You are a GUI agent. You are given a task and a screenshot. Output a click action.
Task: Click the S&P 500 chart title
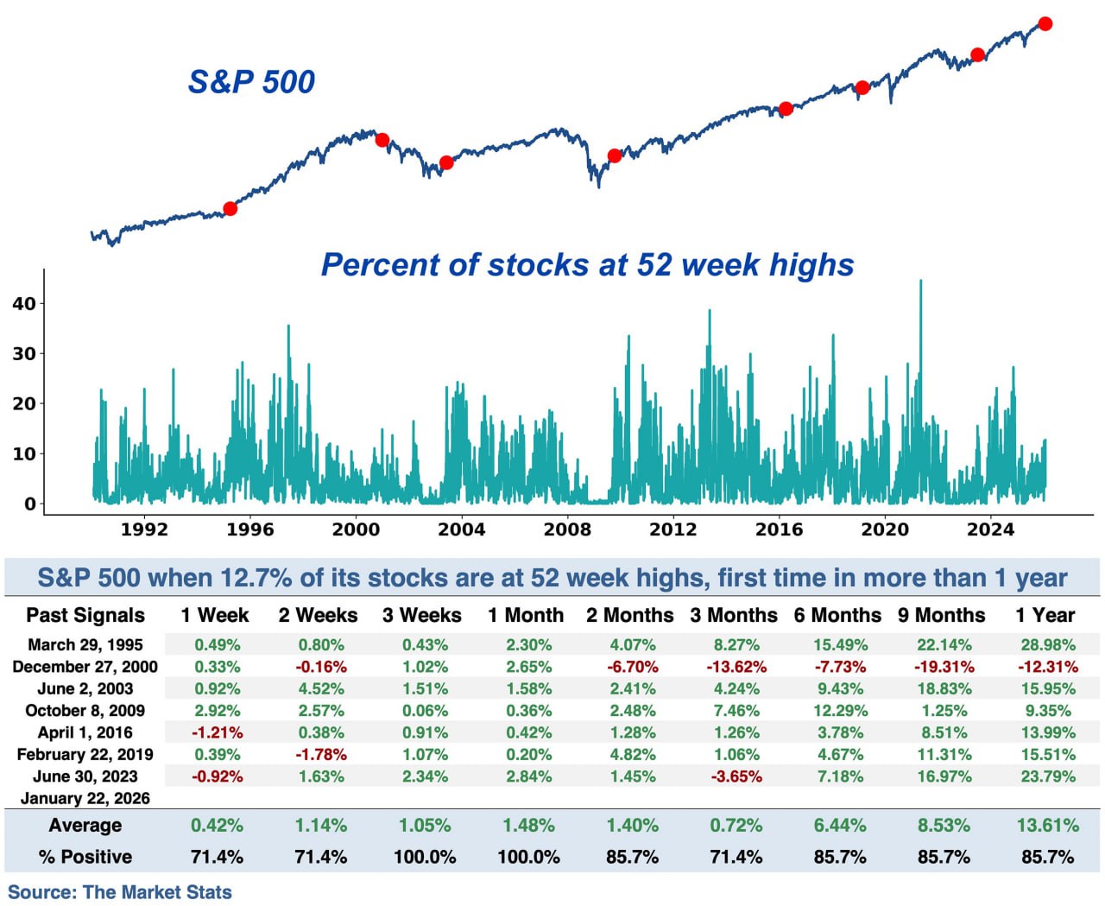[x=251, y=82]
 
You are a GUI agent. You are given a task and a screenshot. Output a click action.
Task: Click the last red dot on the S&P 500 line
[x=1045, y=24]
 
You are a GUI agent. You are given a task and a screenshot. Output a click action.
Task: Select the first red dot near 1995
[x=230, y=208]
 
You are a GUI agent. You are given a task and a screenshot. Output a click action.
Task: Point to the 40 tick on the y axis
[x=23, y=303]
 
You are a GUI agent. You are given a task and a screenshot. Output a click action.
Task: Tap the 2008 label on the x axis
[x=567, y=529]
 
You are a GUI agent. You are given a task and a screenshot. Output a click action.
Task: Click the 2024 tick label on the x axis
[x=990, y=529]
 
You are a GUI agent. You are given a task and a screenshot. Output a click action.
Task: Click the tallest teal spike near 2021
[x=920, y=282]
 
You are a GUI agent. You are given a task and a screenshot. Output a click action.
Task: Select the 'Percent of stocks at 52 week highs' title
[x=587, y=264]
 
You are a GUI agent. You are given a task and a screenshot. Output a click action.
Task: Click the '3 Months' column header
[x=733, y=615]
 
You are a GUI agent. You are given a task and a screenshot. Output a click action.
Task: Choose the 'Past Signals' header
[x=85, y=615]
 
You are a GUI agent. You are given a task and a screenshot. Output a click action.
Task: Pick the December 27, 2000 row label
[x=85, y=667]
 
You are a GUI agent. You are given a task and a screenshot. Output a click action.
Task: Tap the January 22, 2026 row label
[x=85, y=798]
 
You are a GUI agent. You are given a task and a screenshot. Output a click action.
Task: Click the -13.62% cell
[x=736, y=667]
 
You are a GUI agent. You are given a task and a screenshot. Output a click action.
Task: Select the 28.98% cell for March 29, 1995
[x=1047, y=644]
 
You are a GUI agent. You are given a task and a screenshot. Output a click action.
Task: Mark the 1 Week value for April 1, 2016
[x=217, y=732]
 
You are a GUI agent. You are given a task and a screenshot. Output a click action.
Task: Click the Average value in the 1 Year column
[x=1047, y=825]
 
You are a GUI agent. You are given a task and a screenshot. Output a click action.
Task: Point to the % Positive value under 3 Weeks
[x=425, y=857]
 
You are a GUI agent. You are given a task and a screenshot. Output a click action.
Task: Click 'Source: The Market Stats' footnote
[x=120, y=892]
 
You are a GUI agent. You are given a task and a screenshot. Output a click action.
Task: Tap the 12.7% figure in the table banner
[x=257, y=578]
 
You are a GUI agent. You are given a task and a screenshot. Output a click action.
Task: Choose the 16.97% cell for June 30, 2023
[x=944, y=776]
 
